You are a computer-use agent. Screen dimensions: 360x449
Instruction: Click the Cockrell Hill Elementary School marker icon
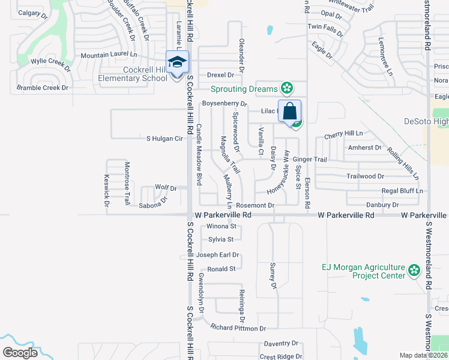[178, 62]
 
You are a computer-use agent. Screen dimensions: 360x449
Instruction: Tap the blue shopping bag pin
[289, 112]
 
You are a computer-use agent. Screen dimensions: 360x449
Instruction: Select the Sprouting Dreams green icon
[287, 88]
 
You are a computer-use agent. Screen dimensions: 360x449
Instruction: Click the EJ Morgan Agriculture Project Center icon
[414, 271]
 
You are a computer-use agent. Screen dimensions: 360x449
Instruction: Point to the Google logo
[20, 353]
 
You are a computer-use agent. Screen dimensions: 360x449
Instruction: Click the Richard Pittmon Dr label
[238, 328]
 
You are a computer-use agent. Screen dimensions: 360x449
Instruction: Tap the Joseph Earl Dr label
[218, 254]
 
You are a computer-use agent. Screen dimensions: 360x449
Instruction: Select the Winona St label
[221, 226]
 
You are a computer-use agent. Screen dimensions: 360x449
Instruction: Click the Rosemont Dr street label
[255, 205]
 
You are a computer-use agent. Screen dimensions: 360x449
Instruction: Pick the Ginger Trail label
[310, 160]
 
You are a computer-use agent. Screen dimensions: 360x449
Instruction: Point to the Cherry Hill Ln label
[343, 133]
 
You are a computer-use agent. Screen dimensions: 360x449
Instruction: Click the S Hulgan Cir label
[164, 139]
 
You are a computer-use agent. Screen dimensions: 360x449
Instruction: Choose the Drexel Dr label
[220, 75]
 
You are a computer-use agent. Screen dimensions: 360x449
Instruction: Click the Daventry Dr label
[281, 343]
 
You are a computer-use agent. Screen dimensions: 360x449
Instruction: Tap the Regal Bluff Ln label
[402, 191]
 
